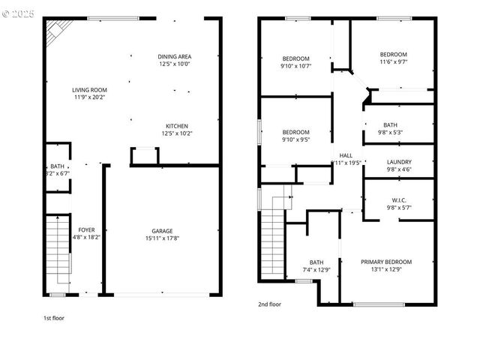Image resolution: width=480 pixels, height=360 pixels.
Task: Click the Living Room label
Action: pyautogui.click(x=90, y=90)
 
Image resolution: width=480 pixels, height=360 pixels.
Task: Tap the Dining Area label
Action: pyautogui.click(x=174, y=57)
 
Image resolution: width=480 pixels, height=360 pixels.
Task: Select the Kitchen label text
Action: pyautogui.click(x=176, y=126)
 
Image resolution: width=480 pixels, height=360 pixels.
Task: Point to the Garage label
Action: pyautogui.click(x=162, y=231)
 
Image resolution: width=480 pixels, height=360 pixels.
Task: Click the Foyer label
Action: pyautogui.click(x=86, y=230)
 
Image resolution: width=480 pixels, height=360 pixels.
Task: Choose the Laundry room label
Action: pyautogui.click(x=398, y=162)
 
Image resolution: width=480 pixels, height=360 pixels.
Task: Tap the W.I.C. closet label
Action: pyautogui.click(x=398, y=200)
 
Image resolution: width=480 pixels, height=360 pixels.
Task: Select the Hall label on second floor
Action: pyautogui.click(x=346, y=155)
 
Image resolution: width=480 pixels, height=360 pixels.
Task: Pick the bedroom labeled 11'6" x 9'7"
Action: pyautogui.click(x=393, y=55)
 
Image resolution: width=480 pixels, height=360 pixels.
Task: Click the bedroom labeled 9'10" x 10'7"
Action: pyautogui.click(x=295, y=59)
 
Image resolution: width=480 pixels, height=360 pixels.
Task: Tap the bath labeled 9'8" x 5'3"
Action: pyautogui.click(x=390, y=125)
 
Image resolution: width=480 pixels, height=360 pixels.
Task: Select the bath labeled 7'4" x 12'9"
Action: pyautogui.click(x=316, y=262)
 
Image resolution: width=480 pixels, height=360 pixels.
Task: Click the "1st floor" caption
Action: pyautogui.click(x=53, y=318)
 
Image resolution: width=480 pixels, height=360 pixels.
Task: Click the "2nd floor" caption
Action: pyautogui.click(x=269, y=304)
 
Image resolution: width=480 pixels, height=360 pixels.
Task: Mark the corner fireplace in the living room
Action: pyautogui.click(x=54, y=31)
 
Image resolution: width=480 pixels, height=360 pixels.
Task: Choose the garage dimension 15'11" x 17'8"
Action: pyautogui.click(x=162, y=238)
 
